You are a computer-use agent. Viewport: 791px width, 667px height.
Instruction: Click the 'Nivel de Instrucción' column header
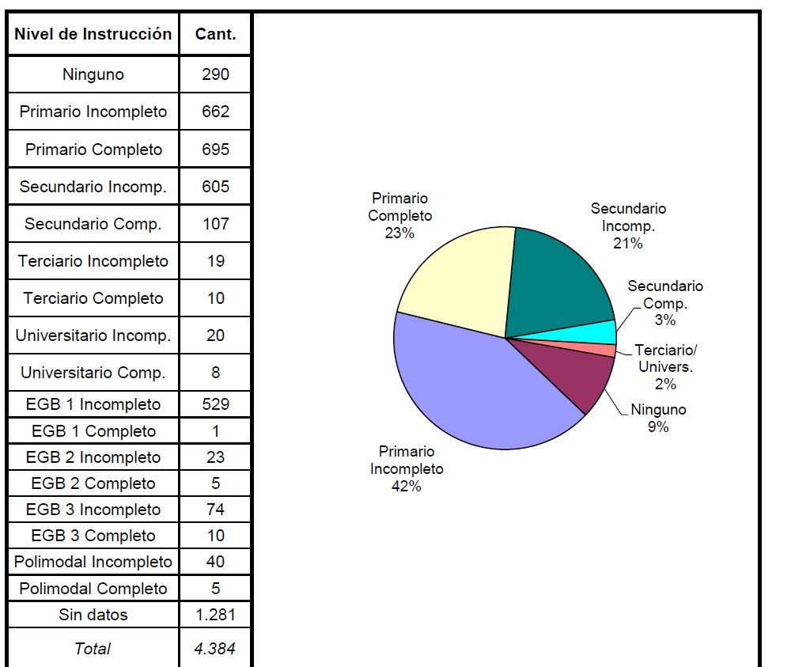93,34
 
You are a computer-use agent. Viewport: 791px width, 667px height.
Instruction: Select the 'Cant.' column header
215,34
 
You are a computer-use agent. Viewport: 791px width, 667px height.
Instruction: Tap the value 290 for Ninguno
215,74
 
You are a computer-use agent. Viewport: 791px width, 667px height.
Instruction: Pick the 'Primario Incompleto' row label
93,112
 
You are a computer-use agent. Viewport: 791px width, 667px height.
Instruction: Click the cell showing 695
215,150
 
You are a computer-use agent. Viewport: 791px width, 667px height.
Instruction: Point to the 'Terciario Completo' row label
93,298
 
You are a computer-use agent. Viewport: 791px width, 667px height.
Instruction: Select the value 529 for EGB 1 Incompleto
215,404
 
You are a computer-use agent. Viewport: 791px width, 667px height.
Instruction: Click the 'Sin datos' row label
93,615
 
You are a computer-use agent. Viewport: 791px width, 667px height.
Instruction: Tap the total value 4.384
215,649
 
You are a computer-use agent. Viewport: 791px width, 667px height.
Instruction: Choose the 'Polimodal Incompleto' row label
93,562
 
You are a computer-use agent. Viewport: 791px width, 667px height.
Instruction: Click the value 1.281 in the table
215,615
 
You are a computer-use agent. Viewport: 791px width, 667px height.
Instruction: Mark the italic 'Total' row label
93,649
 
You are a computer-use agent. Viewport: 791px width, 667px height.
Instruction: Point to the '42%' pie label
406,487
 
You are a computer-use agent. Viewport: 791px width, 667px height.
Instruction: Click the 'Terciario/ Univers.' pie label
666,358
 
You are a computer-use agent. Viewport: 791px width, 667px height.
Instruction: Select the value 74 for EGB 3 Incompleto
215,510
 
